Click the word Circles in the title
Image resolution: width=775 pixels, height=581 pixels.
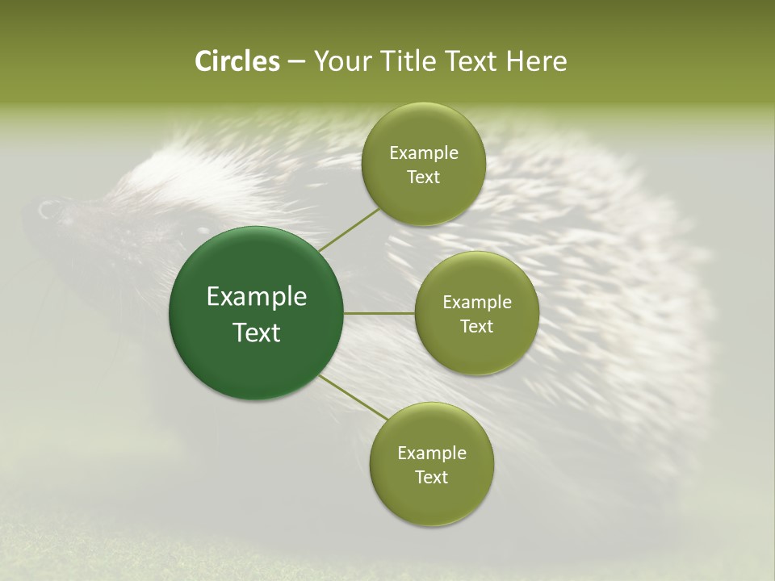[237, 61]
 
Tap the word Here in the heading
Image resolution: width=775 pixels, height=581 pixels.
[535, 61]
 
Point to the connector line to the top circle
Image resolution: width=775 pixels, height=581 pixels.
[349, 230]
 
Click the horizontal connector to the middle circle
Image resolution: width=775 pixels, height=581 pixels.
[379, 313]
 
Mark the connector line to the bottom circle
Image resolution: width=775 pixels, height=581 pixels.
[353, 398]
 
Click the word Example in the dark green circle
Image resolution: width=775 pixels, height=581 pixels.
[257, 297]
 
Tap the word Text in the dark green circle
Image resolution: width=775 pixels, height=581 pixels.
[257, 332]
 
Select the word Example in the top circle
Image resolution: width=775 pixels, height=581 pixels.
[424, 153]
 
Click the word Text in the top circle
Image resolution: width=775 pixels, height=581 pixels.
[423, 178]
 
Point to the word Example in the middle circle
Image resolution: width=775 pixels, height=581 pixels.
[477, 303]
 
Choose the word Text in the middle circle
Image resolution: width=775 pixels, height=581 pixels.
[476, 327]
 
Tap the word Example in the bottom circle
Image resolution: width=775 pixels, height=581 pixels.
[432, 454]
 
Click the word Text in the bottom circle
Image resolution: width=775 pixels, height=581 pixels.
[431, 478]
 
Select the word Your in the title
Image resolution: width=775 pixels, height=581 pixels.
[339, 61]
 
